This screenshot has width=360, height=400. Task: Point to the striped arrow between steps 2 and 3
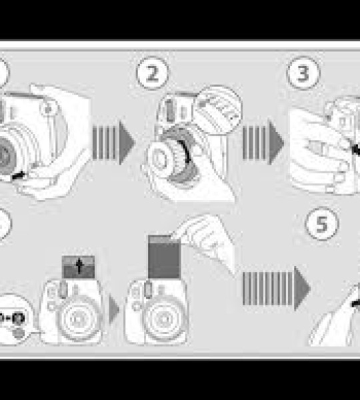tap(263, 142)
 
